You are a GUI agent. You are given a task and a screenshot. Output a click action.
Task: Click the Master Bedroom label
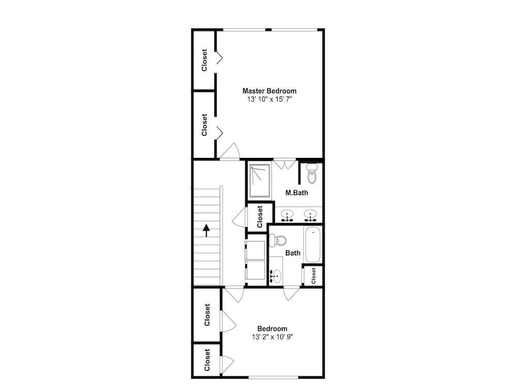(x=269, y=91)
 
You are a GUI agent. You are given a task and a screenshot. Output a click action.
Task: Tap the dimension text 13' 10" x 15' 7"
(x=269, y=99)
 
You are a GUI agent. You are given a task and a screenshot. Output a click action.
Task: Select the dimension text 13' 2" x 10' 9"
(x=272, y=336)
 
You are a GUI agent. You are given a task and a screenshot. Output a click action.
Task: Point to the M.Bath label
(x=297, y=193)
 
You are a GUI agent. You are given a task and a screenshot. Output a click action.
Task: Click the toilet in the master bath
(x=312, y=173)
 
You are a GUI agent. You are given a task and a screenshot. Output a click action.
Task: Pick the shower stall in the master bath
(x=260, y=181)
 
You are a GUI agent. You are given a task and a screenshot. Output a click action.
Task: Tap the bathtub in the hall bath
(x=312, y=245)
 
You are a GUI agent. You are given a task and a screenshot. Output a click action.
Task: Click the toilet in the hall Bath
(x=277, y=240)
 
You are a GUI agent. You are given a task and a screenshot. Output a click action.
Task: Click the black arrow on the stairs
(x=206, y=230)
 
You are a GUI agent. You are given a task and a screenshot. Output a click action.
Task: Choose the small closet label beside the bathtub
(x=313, y=276)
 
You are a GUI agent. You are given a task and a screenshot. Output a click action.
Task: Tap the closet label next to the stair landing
(x=260, y=217)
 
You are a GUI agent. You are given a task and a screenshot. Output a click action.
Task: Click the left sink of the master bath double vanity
(x=287, y=215)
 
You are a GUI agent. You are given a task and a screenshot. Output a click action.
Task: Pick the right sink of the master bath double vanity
(x=310, y=215)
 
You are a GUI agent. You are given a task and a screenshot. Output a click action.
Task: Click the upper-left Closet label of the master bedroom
(x=204, y=60)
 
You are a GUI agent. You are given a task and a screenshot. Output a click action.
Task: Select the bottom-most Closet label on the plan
(x=207, y=360)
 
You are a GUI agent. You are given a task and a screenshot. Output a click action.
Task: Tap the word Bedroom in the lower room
(x=272, y=328)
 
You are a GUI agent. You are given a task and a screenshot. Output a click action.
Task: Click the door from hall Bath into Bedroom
(x=292, y=294)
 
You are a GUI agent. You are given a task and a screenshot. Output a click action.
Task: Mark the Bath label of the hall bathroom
(x=293, y=253)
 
